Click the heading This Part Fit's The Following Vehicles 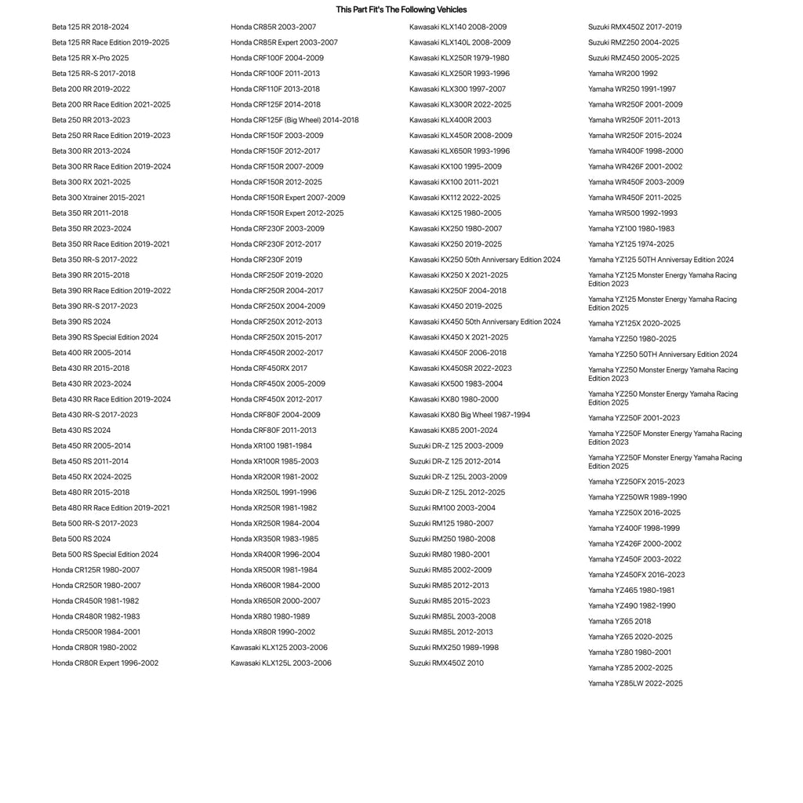(x=401, y=9)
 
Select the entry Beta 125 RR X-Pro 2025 (x=90, y=58)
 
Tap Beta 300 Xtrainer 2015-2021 (x=98, y=198)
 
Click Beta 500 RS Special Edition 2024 (x=104, y=554)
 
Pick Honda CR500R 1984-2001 (x=96, y=632)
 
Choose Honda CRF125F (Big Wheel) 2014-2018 (x=294, y=120)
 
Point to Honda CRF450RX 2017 (x=268, y=369)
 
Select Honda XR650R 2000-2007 (x=275, y=601)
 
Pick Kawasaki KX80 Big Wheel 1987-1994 (x=469, y=415)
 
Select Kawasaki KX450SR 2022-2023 (x=460, y=369)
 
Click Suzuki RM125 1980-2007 (x=451, y=524)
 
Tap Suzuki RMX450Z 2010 (x=446, y=663)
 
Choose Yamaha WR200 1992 (x=623, y=74)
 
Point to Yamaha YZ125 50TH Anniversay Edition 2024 (x=660, y=260)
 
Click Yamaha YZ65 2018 (x=619, y=622)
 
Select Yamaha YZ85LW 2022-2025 (x=635, y=684)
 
